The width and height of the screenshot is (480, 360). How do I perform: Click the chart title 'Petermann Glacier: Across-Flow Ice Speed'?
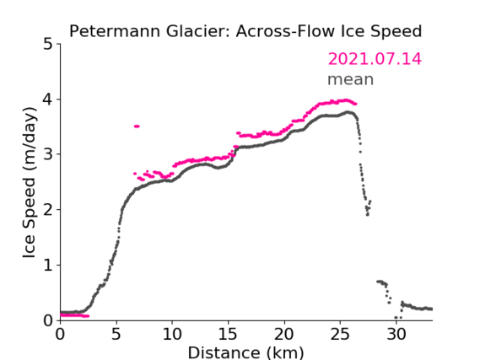coord(245,31)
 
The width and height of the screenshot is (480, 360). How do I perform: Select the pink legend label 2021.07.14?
coord(375,59)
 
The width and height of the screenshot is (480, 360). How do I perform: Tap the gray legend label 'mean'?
coord(351,79)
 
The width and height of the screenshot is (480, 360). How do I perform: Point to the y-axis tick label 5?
coord(48,45)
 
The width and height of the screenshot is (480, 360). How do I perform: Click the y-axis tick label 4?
coord(48,99)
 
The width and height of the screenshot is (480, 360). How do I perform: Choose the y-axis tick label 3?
coord(48,154)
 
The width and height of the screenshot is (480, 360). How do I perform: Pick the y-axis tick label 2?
coord(48,210)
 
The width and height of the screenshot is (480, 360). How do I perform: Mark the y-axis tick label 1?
coord(48,266)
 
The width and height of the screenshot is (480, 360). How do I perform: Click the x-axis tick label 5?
coord(116,334)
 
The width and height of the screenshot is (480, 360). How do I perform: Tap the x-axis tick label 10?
coord(172,334)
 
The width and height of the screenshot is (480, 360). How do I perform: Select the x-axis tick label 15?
coord(228,334)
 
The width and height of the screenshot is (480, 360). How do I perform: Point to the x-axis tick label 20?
coord(284,334)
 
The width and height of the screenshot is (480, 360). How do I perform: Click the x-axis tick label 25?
coord(340,334)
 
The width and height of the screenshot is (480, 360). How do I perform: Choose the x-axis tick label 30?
coord(396,334)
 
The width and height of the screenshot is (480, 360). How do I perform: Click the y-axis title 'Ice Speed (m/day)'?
coord(30,182)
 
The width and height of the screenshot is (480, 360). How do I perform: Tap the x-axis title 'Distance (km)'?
coord(245,352)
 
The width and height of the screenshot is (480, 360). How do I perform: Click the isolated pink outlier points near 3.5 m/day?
coord(137,126)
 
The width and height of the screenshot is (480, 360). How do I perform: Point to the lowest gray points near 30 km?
coord(397,318)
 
